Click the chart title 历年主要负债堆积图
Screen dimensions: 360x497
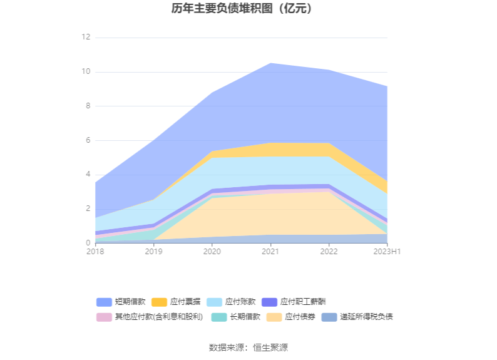(242, 9)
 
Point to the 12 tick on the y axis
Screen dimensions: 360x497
(86, 38)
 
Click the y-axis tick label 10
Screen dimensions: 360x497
(86, 72)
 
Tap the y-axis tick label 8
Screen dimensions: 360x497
(88, 106)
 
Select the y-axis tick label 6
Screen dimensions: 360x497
(88, 140)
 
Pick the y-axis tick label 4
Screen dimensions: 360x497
(88, 174)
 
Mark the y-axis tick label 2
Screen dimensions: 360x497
(88, 208)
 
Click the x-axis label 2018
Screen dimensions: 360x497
(95, 252)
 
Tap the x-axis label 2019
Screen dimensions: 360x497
(153, 252)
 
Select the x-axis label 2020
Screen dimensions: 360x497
(212, 252)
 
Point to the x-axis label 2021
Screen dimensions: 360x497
(270, 252)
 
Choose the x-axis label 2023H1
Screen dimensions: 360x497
(387, 252)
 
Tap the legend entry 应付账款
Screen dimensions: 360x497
(241, 302)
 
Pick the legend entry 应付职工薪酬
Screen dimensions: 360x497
(303, 302)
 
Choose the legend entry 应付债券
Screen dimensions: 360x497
(300, 317)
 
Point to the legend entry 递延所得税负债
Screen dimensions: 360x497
(366, 317)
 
